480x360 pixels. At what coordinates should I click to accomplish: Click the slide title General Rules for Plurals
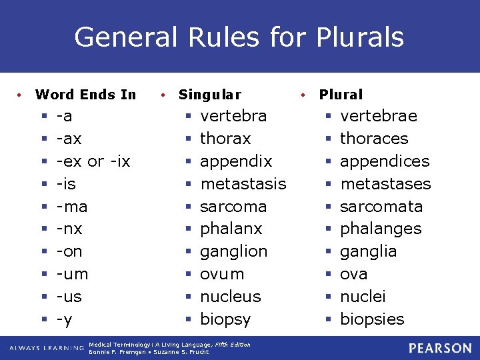click(239, 37)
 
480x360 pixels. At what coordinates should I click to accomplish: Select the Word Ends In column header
click(85, 95)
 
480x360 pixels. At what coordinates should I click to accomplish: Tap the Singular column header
click(210, 95)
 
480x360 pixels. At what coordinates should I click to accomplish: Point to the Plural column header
click(341, 95)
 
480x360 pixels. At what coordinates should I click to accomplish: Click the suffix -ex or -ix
click(93, 161)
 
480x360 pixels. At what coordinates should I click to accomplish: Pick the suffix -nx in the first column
click(69, 229)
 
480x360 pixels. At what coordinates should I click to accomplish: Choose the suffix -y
click(64, 319)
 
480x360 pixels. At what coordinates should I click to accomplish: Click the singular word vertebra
click(233, 116)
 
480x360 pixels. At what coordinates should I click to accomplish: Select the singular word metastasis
click(243, 184)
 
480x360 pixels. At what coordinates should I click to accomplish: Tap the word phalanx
click(231, 229)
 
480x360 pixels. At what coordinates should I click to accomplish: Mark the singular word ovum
click(222, 274)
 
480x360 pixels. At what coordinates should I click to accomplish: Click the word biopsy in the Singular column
click(225, 319)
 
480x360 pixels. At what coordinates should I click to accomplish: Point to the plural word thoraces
click(374, 139)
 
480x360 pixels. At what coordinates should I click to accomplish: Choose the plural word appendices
click(385, 161)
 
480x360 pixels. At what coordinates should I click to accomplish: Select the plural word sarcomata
click(381, 207)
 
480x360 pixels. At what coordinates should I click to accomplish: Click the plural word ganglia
click(368, 251)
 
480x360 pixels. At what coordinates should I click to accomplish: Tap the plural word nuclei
click(363, 297)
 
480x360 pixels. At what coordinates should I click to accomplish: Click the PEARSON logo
click(440, 348)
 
